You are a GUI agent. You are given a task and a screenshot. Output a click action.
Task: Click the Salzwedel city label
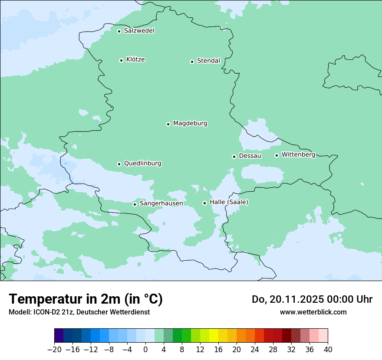[x=139, y=31]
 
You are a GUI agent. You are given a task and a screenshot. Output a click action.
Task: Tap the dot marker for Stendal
[x=192, y=62]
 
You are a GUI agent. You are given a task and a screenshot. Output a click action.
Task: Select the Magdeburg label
[x=190, y=124]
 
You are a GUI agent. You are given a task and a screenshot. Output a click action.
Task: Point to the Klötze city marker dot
[x=121, y=60]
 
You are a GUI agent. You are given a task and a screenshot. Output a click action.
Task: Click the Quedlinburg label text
[x=142, y=164]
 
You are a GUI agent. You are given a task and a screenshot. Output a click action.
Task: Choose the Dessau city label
[x=250, y=156]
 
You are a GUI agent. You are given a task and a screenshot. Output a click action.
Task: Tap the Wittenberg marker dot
[x=277, y=155]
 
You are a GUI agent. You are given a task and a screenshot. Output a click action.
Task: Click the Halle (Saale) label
[x=229, y=202]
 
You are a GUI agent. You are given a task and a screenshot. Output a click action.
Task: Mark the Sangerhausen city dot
[x=135, y=204]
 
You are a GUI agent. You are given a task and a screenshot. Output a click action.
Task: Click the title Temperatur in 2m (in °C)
[x=86, y=299]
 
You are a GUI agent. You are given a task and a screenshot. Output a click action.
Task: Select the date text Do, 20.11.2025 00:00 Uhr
[x=312, y=299]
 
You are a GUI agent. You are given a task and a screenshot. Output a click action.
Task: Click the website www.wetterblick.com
[x=313, y=312]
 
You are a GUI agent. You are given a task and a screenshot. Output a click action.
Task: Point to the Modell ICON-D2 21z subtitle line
[x=79, y=312]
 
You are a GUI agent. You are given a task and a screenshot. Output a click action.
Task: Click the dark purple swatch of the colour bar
[x=59, y=336]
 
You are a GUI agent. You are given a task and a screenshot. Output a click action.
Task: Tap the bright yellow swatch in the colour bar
[x=214, y=336]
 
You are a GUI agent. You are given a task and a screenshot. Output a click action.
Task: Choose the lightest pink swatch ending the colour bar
[x=323, y=336]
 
